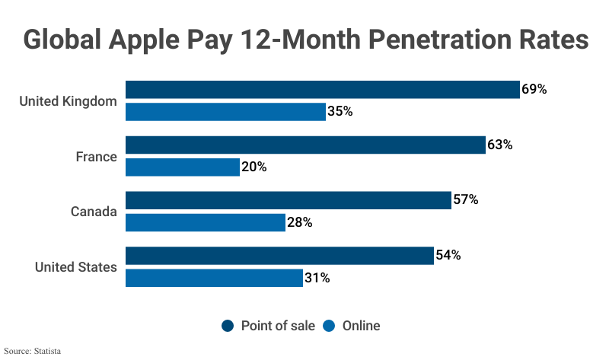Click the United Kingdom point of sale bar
tap(322, 90)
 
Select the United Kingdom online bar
tap(225, 111)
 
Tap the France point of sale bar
tap(305, 145)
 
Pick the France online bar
tap(183, 167)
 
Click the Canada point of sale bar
tap(288, 200)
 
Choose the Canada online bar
tap(206, 222)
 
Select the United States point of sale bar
tap(279, 256)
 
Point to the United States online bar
tap(214, 278)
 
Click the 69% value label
tap(534, 89)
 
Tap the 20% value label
tap(254, 167)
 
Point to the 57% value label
tap(465, 200)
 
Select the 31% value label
tap(317, 278)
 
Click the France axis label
tap(96, 157)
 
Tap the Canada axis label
tap(94, 212)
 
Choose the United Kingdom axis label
tap(68, 101)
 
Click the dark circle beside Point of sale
tap(228, 326)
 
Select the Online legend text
tap(361, 326)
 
